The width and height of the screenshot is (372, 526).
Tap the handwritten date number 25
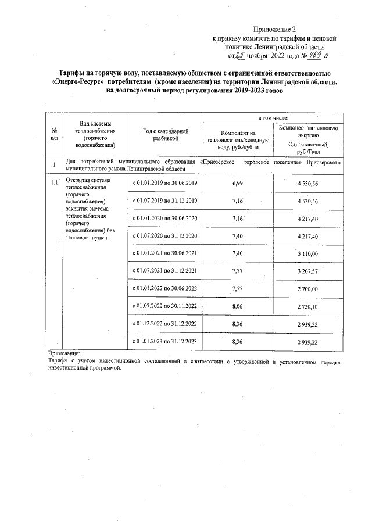[237, 56]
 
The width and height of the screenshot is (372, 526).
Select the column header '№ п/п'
[54, 134]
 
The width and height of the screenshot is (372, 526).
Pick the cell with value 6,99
[237, 183]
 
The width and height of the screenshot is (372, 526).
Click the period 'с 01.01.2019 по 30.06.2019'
[166, 183]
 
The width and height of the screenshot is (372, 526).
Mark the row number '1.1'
[54, 183]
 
